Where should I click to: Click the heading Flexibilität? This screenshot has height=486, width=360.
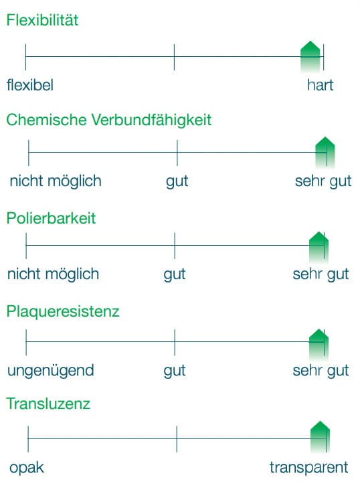42,20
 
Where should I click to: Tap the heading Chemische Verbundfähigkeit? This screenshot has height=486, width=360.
109,120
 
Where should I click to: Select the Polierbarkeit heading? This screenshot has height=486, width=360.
51,218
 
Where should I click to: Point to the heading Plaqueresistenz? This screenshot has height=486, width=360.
63,311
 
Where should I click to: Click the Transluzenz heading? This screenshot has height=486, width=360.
48,404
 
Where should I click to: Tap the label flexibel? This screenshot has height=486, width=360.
30,85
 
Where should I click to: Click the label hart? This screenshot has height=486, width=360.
320,85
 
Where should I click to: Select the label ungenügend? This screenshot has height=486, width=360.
50,371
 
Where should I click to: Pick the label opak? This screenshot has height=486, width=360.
27,468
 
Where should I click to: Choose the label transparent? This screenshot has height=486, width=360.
309,467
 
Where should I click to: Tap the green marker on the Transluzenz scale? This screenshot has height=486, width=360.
320,437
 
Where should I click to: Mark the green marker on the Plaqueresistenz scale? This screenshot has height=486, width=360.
319,344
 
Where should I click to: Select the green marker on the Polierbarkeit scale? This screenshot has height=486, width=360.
319,247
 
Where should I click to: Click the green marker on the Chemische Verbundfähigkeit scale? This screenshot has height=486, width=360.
325,152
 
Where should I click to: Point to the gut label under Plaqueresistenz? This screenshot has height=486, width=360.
175,371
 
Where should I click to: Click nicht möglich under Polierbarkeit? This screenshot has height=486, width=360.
53,274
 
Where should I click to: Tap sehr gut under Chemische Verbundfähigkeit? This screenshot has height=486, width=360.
323,181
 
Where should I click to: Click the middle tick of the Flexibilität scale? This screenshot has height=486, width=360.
174,57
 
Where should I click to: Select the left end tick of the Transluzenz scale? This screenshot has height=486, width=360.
28,439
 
